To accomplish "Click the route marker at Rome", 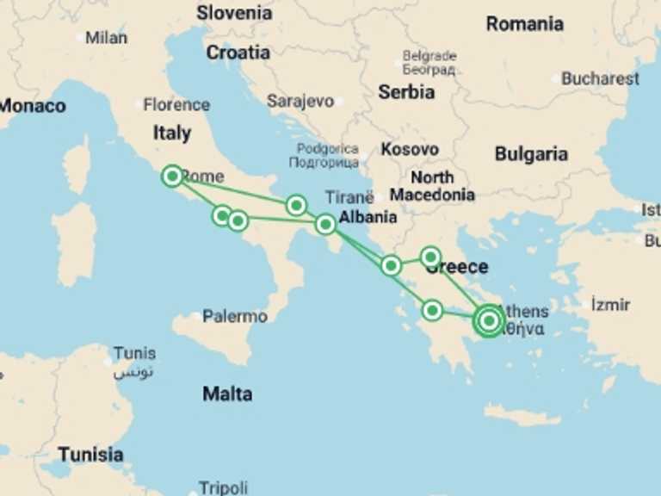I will point(172,176).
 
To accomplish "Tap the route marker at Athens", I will point(489,321).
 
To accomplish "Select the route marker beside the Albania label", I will point(325,225).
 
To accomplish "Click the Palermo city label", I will point(235,317).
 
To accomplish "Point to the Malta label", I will point(227,394).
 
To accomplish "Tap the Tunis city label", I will point(135,353).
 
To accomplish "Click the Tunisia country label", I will point(90,454).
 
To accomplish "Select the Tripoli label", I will point(223,487).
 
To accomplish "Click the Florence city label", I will point(176,105).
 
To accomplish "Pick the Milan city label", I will point(106,38).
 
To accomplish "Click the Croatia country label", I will point(238,53).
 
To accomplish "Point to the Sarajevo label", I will point(300,102).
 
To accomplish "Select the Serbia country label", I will point(406,92).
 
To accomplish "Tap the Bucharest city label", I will point(600,78).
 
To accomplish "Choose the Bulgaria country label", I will point(531,154).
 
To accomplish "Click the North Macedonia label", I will point(432,186).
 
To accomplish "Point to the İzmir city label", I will point(610,305).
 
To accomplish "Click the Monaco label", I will point(33,107).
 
